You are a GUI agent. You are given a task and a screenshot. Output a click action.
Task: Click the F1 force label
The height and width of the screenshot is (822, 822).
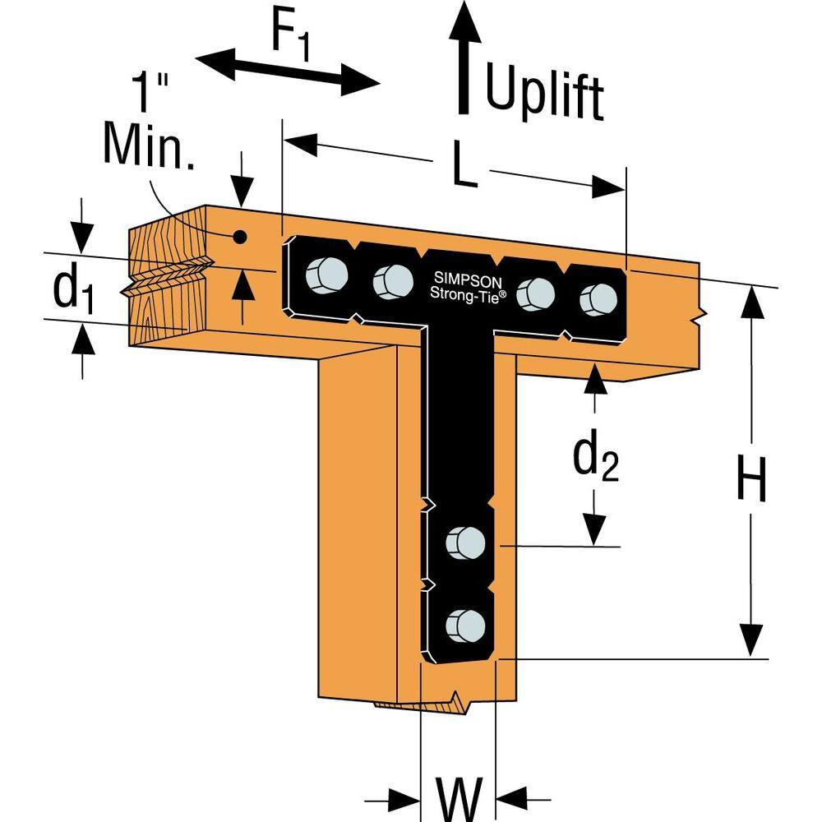pyautogui.click(x=291, y=41)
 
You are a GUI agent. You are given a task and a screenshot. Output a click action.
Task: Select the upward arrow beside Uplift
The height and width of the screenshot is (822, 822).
pyautogui.click(x=464, y=58)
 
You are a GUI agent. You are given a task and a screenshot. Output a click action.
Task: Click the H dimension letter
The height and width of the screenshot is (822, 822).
pyautogui.click(x=751, y=478)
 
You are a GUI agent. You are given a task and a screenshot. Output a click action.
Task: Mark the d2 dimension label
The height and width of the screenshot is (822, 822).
pyautogui.click(x=595, y=456)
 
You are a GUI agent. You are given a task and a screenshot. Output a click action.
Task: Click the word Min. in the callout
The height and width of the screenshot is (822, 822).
pyautogui.click(x=148, y=145)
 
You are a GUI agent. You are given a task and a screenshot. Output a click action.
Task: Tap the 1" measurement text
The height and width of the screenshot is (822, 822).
pyautogui.click(x=150, y=91)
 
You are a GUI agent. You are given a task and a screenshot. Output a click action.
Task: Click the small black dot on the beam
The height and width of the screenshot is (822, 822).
pyautogui.click(x=239, y=238)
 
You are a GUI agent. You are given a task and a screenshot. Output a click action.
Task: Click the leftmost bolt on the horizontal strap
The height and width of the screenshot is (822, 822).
pyautogui.click(x=326, y=275)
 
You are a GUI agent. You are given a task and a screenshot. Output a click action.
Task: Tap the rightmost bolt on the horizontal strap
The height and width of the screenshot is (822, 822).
pyautogui.click(x=598, y=299)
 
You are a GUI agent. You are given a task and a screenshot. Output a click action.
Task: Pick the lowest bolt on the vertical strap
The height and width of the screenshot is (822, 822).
pyautogui.click(x=465, y=626)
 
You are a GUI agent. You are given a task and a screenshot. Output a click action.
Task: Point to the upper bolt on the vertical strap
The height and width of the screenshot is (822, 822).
pyautogui.click(x=465, y=542)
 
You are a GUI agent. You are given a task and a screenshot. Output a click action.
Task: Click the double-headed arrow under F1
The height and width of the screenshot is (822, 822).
pyautogui.click(x=287, y=70)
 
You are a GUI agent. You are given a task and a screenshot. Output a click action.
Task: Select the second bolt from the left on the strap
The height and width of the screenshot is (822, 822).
pyautogui.click(x=393, y=281)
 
